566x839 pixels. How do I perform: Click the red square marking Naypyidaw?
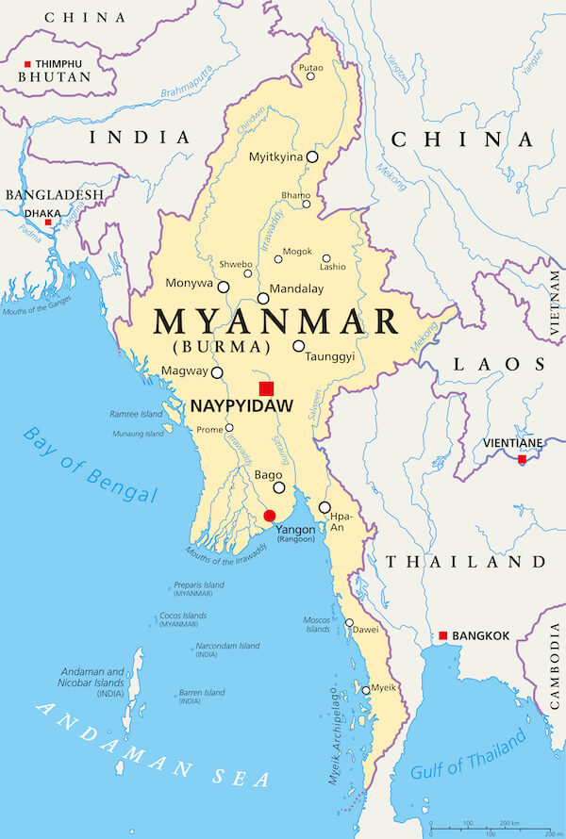tap(267, 388)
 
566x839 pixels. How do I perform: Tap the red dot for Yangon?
tap(270, 515)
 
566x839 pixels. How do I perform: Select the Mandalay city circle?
tap(263, 298)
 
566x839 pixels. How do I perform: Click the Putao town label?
tap(310, 68)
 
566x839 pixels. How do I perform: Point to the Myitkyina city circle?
tap(312, 157)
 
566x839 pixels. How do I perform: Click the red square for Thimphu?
tap(27, 64)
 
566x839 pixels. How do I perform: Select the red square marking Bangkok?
tap(442, 635)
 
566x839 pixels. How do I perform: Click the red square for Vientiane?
tap(522, 460)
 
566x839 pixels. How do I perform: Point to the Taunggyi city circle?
tap(299, 346)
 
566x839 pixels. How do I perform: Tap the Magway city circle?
tap(217, 372)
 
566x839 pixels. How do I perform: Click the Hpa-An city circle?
tap(325, 507)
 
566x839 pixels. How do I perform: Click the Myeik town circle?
tap(366, 690)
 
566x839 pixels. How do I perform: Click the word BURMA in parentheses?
tap(215, 346)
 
